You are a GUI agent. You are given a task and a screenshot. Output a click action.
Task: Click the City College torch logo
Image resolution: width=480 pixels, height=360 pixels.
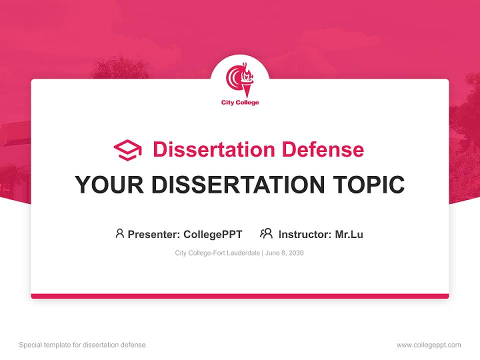coord(240,80)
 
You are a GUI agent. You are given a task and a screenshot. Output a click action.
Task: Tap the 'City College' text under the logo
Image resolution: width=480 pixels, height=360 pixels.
coord(240,103)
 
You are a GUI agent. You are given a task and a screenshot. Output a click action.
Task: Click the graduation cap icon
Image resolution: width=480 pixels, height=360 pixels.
coord(127,150)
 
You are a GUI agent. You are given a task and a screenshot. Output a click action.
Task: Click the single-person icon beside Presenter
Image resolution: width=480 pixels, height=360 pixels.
coord(119,233)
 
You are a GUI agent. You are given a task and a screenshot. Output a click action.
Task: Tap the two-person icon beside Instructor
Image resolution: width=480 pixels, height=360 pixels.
coord(266,233)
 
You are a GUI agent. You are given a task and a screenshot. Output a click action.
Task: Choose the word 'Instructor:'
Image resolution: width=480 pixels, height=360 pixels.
coord(305,234)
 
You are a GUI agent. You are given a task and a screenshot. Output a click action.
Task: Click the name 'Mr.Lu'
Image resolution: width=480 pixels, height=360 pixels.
coord(349,234)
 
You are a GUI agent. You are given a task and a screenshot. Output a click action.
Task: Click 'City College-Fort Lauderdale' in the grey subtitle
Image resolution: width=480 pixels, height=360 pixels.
coord(216,253)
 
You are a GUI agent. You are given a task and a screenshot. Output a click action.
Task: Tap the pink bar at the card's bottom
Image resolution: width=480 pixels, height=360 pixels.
coord(240,296)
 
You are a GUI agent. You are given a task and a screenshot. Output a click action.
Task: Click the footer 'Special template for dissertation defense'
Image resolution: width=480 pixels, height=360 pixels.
coord(82,345)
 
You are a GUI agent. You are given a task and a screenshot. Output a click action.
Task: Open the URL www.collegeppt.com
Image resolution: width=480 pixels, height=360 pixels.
coord(428,345)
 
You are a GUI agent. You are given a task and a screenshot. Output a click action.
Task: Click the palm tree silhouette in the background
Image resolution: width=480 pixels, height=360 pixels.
coord(120,67)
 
